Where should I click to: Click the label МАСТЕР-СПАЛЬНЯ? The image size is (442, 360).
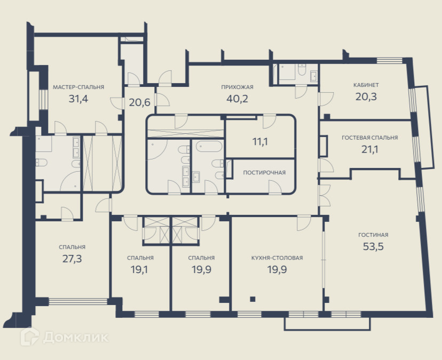point(78,87)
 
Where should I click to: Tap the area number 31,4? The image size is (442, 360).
point(78,99)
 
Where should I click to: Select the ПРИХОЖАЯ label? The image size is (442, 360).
point(237,87)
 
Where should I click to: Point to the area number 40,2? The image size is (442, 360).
point(237,99)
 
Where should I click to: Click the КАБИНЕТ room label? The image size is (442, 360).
point(366,85)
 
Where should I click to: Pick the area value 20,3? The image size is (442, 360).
point(366,97)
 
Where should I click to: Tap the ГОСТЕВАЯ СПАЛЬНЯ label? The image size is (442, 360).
point(369,138)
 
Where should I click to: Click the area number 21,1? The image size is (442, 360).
point(369,149)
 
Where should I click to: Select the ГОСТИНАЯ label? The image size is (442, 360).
point(373,235)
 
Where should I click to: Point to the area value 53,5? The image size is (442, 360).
point(373,246)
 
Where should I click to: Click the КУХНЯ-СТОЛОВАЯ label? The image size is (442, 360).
point(277,258)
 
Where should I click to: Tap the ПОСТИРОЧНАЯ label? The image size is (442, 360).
point(264,173)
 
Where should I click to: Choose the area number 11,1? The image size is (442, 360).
point(260,142)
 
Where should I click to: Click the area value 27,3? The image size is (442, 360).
point(72,259)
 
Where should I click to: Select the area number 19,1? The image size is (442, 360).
point(139,269)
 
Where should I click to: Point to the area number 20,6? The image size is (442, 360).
point(139,102)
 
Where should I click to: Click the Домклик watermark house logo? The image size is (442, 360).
point(29,336)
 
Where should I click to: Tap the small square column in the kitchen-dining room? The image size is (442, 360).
point(252,299)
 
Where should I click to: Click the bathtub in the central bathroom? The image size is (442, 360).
point(209,147)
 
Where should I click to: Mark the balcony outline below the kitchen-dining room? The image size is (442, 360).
point(327,324)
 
